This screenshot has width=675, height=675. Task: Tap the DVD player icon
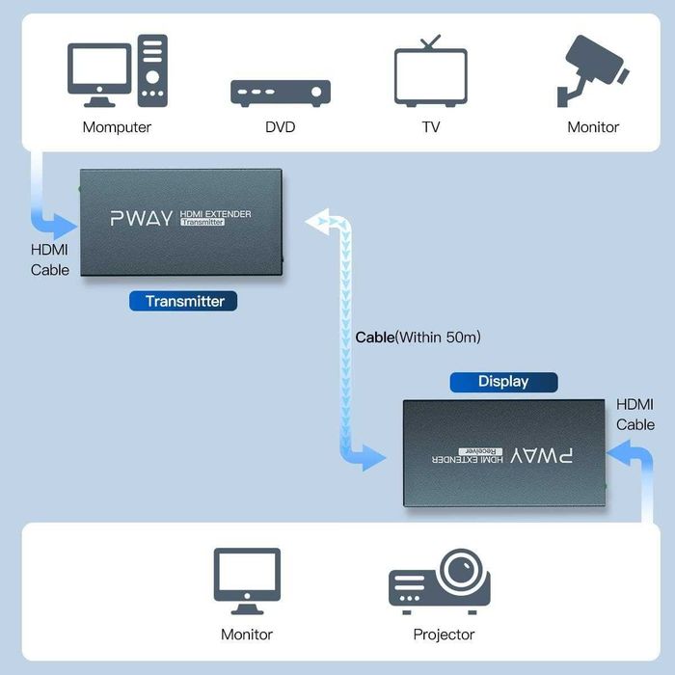pos(280,93)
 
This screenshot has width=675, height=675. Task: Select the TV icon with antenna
pos(430,72)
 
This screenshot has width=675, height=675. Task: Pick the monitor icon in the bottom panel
pos(247,580)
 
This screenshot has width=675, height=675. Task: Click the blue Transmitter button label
pos(184,301)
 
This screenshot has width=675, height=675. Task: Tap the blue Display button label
pos(503,382)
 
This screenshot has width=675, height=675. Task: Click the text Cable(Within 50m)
pos(418,337)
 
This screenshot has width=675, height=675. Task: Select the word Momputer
pos(117,127)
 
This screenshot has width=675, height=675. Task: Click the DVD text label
pos(280,127)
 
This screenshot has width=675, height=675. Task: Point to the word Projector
pos(444,634)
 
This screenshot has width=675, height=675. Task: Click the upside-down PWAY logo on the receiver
pos(550,453)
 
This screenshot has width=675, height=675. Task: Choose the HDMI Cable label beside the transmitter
pos(49,259)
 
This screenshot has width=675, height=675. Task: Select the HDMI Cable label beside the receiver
pos(635,415)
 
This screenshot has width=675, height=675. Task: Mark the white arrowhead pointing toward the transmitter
pos(316,222)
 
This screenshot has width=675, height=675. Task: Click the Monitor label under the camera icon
pos(593,127)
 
